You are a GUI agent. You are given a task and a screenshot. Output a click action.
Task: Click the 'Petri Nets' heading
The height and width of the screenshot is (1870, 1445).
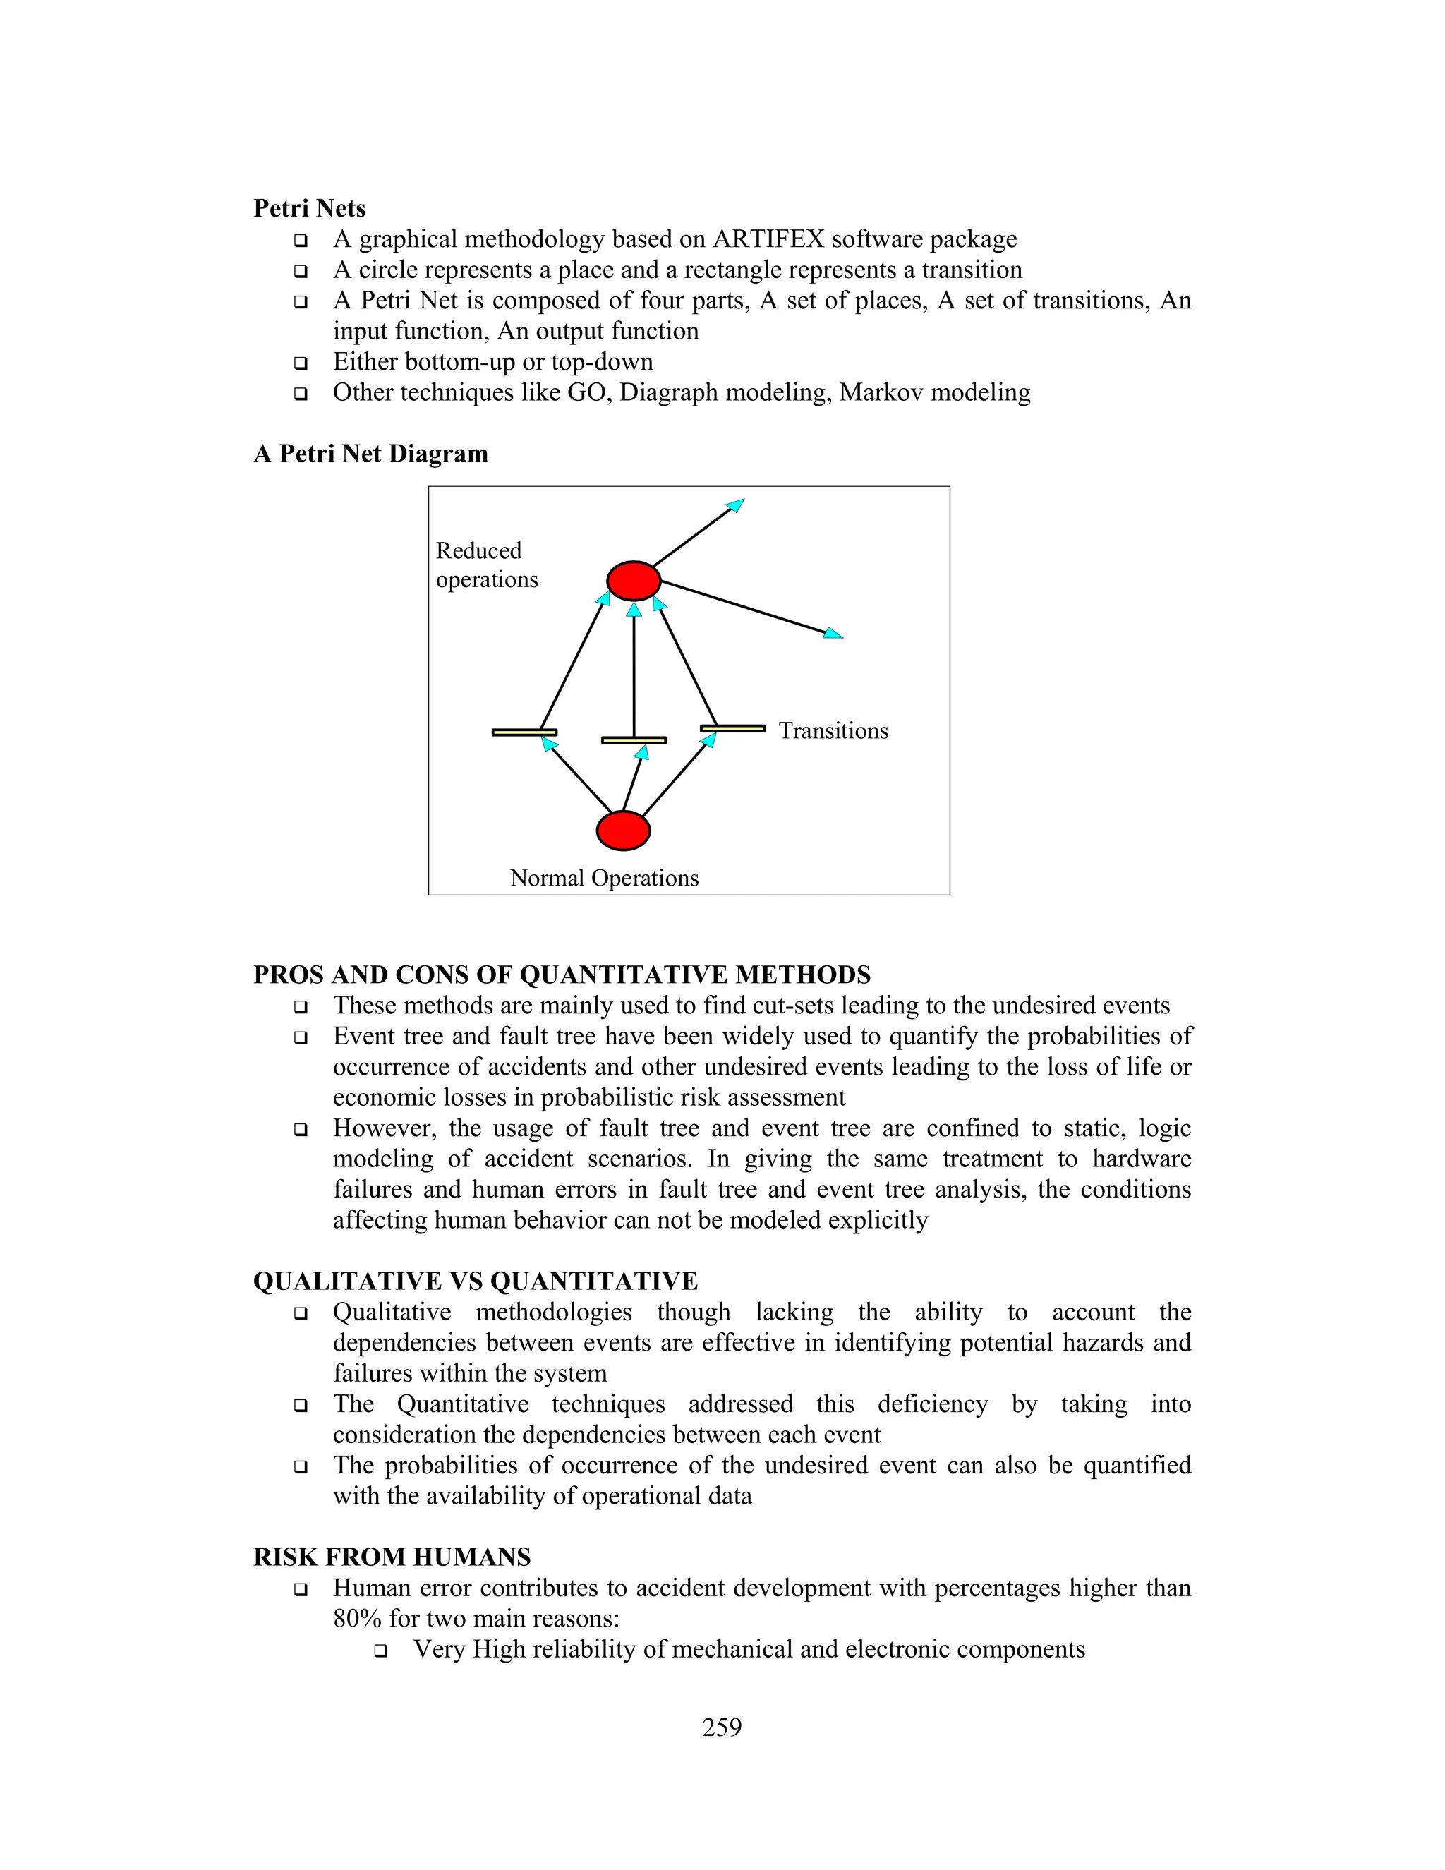309,209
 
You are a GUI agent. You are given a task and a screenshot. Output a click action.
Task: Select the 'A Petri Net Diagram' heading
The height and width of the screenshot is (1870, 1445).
370,454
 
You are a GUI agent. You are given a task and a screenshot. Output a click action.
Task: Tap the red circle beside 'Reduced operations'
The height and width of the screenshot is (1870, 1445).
634,581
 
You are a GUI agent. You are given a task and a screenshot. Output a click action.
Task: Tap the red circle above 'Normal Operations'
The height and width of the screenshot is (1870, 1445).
623,831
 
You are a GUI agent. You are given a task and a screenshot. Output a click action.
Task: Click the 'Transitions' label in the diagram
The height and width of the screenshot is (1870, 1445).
833,731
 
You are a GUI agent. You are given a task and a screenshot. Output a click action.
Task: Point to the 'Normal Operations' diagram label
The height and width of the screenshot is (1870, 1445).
605,879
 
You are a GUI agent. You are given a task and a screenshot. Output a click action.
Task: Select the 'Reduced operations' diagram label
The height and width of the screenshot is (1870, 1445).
486,565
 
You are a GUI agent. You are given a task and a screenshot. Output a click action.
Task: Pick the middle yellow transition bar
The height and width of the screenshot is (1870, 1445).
634,740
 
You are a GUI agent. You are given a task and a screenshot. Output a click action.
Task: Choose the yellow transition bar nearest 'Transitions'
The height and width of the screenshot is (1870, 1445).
733,729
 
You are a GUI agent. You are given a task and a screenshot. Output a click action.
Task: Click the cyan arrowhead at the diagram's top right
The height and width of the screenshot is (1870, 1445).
735,505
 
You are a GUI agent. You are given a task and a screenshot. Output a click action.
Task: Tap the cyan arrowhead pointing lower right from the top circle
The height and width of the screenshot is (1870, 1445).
833,634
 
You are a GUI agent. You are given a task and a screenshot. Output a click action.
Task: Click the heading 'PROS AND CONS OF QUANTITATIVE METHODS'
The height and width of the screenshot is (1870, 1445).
562,975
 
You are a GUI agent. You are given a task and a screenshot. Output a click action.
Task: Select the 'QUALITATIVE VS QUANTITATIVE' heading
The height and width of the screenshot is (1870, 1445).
475,1281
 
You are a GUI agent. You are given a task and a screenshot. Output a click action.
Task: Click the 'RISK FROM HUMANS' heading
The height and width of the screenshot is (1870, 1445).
392,1557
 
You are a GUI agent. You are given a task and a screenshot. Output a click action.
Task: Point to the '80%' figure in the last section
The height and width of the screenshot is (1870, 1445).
357,1619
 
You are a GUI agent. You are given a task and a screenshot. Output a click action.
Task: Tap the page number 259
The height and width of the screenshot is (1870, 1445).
722,1728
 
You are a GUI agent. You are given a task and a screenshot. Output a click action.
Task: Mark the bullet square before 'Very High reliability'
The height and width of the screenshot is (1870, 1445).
380,1651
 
